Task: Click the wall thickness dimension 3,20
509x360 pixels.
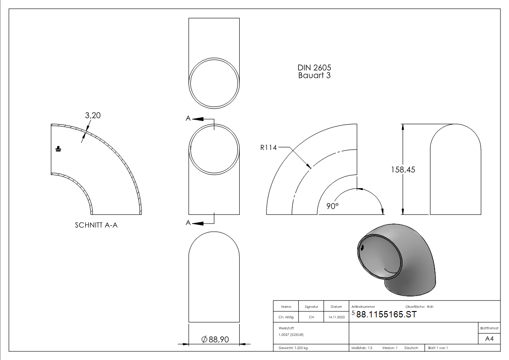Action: [92, 116]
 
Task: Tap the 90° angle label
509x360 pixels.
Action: [333, 206]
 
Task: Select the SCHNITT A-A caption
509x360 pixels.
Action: [96, 225]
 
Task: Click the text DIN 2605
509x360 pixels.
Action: [314, 68]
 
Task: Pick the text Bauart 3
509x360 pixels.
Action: [314, 76]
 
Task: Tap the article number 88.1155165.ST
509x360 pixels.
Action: [386, 315]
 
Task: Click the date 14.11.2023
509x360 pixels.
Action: [336, 317]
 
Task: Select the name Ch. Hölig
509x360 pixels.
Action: [286, 317]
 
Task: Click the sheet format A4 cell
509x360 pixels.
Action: [489, 339]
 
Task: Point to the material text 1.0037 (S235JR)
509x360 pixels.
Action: [291, 335]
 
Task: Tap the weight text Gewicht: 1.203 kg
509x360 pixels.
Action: [293, 348]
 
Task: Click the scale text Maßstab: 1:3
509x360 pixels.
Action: [362, 348]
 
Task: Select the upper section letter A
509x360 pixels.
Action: [188, 118]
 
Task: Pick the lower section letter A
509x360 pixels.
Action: [188, 222]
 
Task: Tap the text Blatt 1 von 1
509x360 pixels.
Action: [438, 348]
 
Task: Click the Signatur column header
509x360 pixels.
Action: [311, 307]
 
